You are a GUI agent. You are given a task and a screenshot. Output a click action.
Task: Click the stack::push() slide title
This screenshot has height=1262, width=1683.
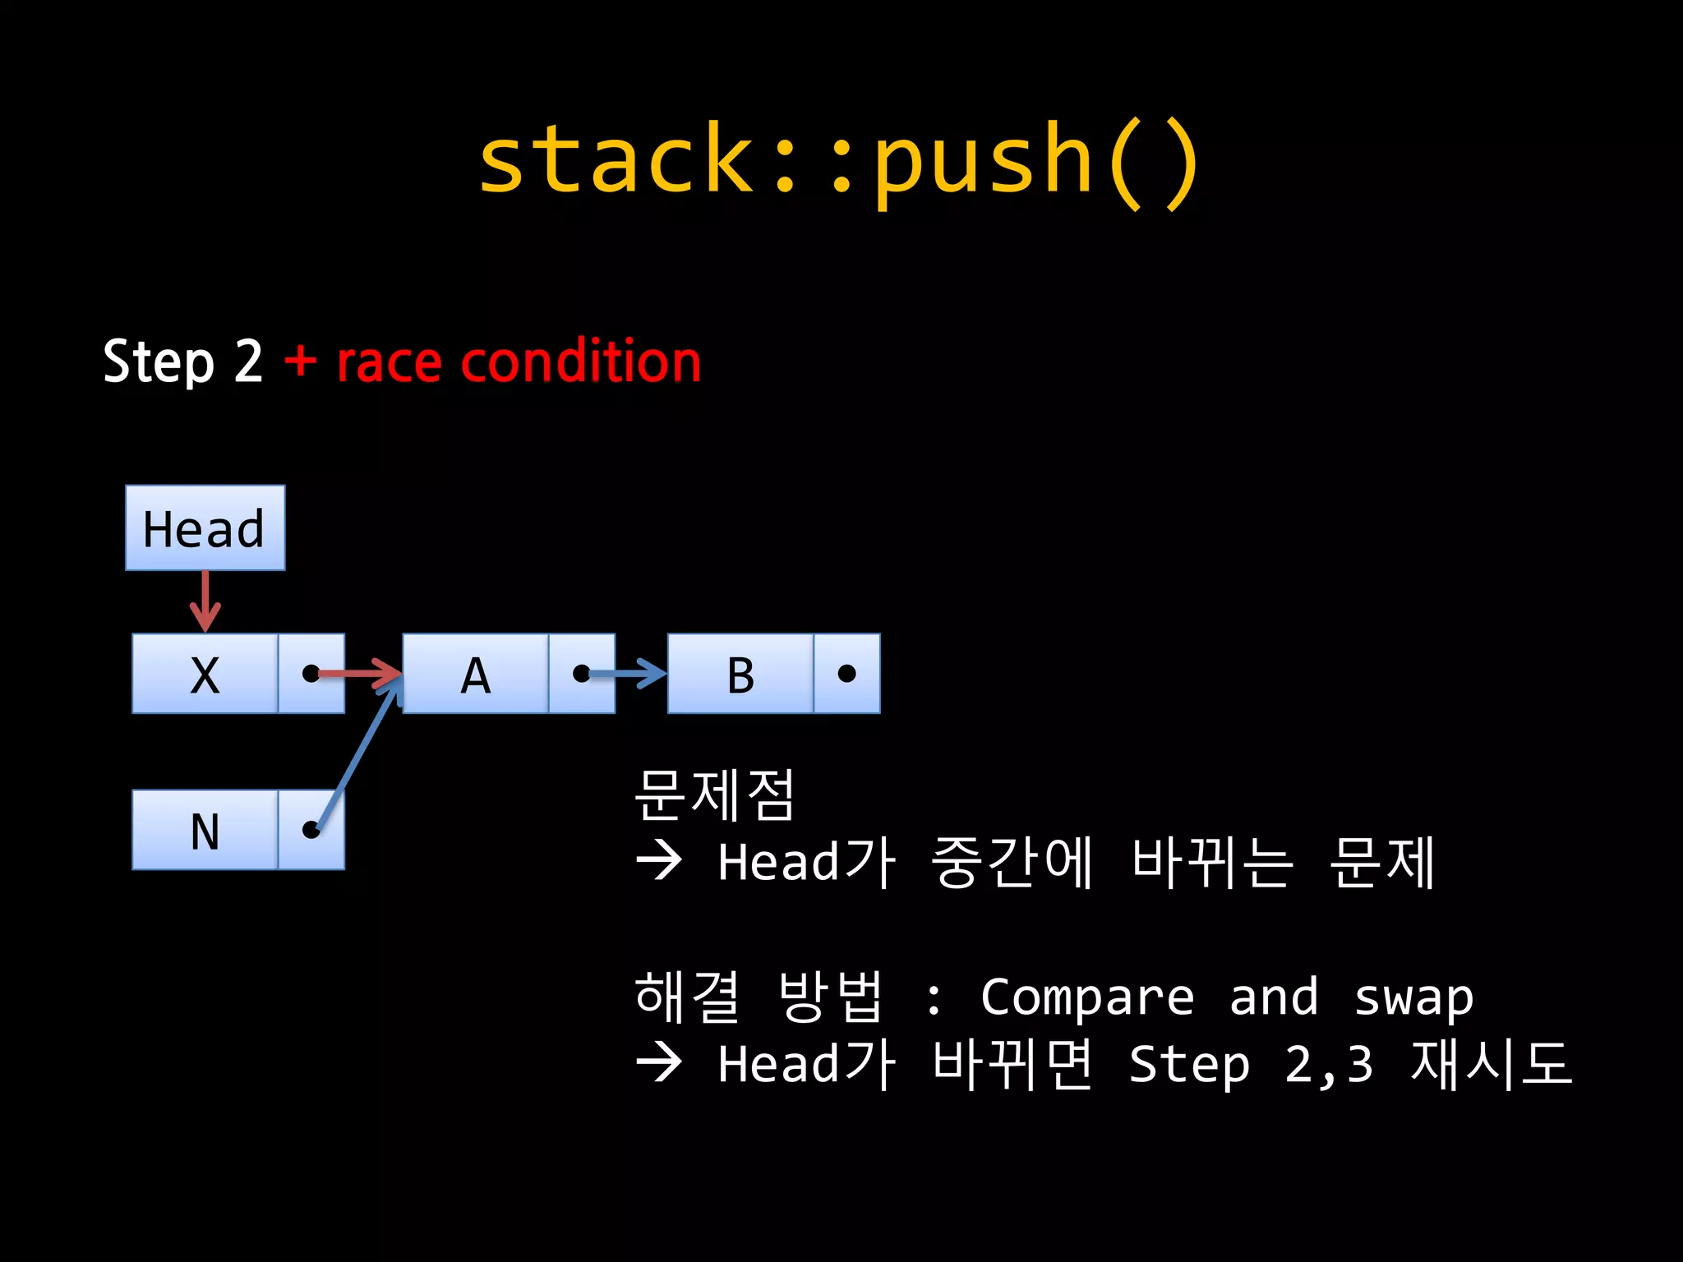coord(838,160)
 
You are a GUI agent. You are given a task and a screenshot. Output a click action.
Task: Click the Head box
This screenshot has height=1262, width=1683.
coord(205,527)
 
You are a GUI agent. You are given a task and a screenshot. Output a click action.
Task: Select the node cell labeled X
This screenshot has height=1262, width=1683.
coord(205,674)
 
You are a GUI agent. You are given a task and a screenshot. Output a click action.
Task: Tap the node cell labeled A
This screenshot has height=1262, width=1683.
coord(475,674)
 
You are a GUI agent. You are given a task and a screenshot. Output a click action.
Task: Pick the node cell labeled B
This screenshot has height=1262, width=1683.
coord(740,674)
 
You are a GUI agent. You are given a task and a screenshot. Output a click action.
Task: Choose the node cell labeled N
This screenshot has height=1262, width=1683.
coord(205,830)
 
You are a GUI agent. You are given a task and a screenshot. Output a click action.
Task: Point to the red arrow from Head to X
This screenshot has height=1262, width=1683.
coord(205,600)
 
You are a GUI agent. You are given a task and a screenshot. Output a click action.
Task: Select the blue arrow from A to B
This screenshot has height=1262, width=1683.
coord(629,674)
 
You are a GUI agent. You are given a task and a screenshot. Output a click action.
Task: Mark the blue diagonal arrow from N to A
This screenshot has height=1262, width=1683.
coord(357,756)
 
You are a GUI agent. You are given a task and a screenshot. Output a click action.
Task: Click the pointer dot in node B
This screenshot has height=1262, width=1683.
coord(846,674)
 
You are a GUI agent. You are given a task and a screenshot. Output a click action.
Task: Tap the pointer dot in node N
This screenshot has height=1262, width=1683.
coord(311,830)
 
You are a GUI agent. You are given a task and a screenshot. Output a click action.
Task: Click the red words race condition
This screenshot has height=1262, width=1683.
coord(519,362)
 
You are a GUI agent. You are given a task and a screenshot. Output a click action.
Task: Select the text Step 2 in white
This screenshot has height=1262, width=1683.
coord(182,362)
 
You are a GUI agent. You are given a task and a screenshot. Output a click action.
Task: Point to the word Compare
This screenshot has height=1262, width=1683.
coord(1086,997)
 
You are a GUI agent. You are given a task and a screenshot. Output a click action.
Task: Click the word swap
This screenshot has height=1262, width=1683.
coord(1413,997)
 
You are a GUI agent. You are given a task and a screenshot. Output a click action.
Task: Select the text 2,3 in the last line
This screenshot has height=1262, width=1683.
coord(1328,1065)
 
